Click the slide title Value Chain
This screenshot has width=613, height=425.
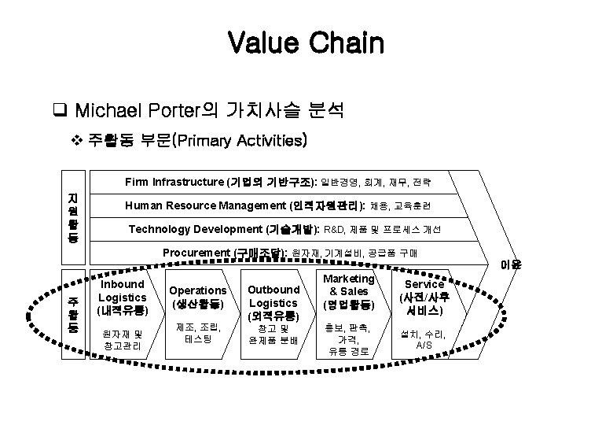[x=306, y=42]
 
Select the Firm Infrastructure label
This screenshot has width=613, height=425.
[x=174, y=183]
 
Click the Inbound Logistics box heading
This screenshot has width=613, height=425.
[x=122, y=297]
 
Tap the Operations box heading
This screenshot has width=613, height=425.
[x=197, y=297]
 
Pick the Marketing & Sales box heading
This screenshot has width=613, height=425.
[x=348, y=291]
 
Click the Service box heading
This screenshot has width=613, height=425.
[x=424, y=297]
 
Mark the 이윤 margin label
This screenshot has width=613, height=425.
[x=510, y=265]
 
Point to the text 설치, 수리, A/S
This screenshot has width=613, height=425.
[x=424, y=339]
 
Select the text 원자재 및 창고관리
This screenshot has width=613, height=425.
[x=122, y=339]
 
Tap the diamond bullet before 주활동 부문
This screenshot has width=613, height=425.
[x=76, y=142]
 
